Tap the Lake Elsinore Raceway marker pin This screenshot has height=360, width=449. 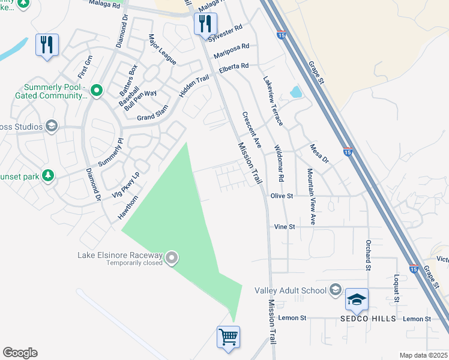tap(172, 259)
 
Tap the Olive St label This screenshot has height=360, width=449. tap(281, 196)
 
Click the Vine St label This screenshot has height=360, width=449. tap(285, 227)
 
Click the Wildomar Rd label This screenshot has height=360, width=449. tap(279, 163)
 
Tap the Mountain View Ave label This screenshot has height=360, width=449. tap(311, 196)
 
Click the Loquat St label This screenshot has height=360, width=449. tap(396, 289)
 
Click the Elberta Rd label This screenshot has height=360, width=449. tap(234, 67)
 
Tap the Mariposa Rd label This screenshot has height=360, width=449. tap(234, 47)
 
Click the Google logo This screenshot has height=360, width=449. tap(20, 353)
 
